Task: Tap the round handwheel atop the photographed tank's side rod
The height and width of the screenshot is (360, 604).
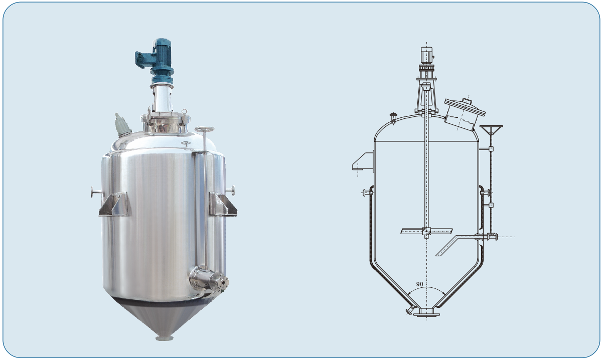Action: (204, 129)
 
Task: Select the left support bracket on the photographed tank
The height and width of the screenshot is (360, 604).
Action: (115, 204)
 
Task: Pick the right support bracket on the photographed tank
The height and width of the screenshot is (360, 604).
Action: (223, 204)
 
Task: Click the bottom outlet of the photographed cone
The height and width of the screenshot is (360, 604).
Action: (165, 338)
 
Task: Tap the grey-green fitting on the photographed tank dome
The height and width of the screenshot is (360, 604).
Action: (122, 125)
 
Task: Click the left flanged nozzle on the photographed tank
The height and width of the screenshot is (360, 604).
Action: (96, 192)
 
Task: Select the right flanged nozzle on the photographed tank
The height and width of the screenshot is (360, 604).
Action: (231, 191)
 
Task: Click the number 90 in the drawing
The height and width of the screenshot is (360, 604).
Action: (419, 284)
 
